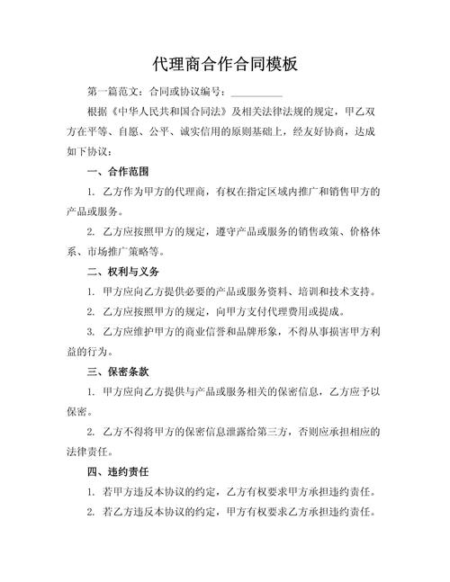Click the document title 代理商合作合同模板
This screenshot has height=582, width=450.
pos(225,65)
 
